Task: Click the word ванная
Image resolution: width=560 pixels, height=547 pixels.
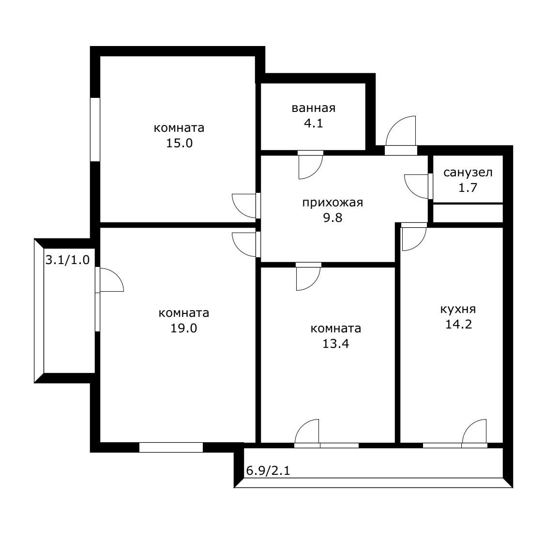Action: [313, 108]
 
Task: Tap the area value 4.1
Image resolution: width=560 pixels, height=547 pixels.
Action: [313, 123]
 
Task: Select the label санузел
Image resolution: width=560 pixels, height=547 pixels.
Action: [468, 172]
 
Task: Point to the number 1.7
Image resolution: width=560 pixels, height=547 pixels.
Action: [468, 188]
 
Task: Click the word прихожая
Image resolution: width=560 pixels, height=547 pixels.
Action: [332, 203]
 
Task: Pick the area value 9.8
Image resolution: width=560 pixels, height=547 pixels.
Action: [332, 218]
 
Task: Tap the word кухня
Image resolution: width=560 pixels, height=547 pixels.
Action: [458, 309]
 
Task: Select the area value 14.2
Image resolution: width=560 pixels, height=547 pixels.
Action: [458, 324]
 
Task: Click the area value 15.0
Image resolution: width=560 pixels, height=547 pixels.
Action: [179, 143]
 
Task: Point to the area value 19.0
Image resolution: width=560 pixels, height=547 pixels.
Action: [183, 328]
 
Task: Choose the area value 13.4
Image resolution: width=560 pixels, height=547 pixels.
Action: [335, 344]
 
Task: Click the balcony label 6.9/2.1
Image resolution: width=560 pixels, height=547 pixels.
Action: [268, 470]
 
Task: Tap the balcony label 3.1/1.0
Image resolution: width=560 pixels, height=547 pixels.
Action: [67, 260]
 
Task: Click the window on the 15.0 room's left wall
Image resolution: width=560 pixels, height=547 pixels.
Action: [95, 129]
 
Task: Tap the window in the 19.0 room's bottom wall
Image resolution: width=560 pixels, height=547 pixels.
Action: [171, 447]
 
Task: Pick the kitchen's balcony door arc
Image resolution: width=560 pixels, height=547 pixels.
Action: [474, 431]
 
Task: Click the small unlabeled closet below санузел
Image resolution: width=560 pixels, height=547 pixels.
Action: [468, 213]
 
